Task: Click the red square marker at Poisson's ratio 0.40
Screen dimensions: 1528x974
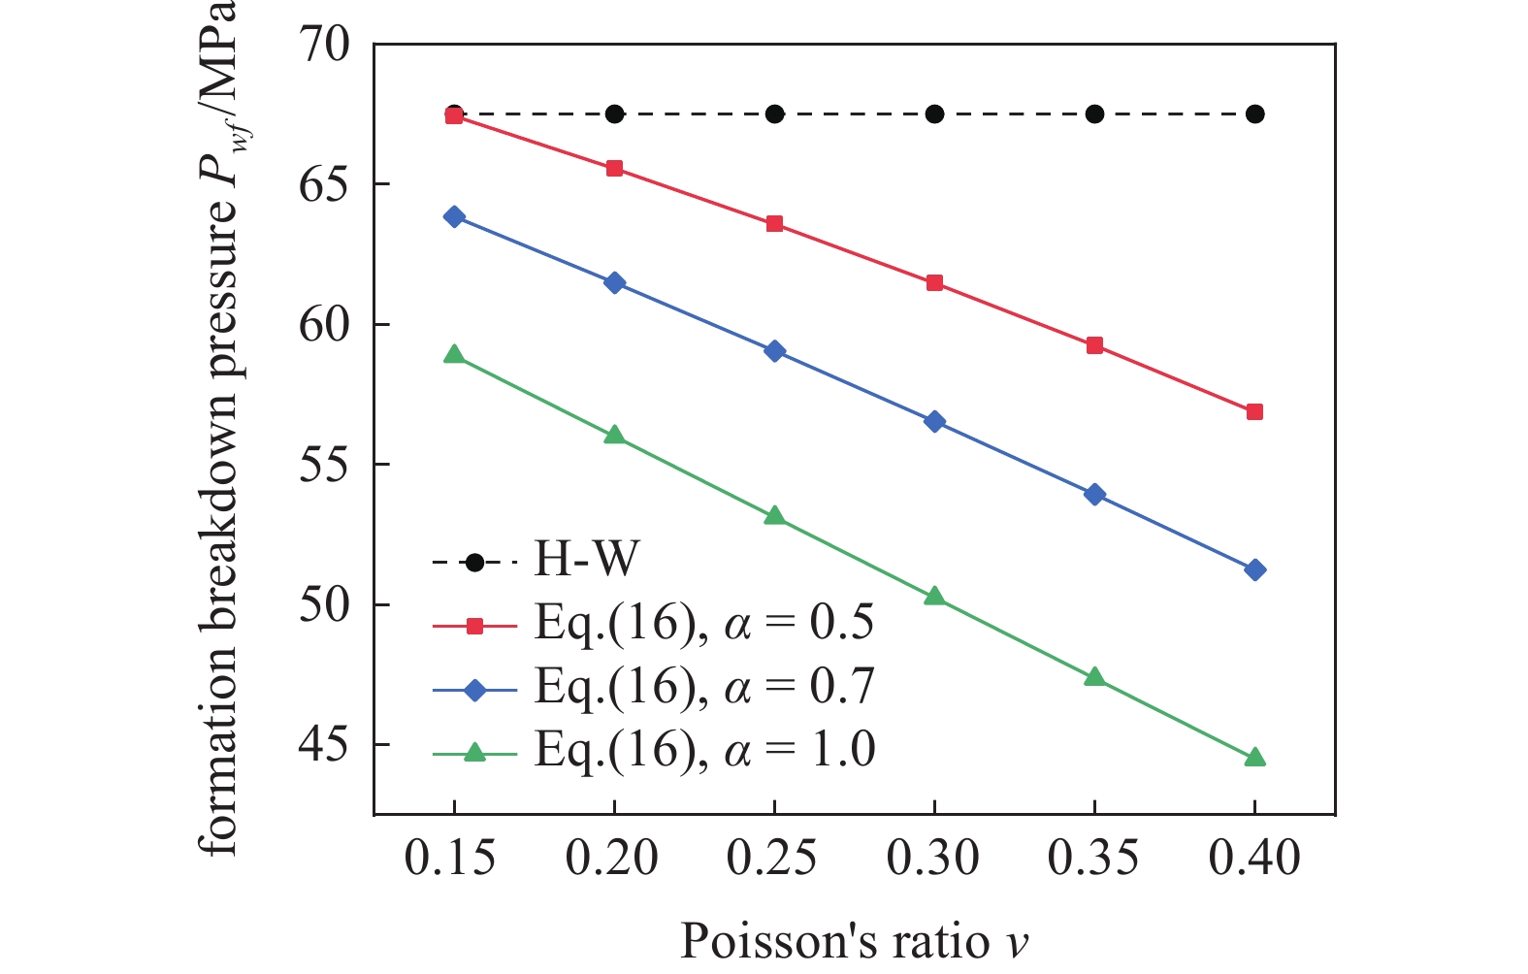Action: [1254, 412]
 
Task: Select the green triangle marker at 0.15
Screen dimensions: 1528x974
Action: [454, 355]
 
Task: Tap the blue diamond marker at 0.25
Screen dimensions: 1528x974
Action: [775, 351]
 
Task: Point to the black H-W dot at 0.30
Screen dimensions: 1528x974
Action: [934, 114]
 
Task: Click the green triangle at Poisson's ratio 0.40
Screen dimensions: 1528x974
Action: [1254, 757]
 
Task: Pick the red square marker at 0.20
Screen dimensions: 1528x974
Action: [615, 168]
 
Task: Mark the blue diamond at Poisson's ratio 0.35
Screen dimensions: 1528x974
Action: [1095, 494]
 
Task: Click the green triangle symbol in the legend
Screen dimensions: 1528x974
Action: [474, 752]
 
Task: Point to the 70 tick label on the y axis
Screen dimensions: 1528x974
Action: [324, 45]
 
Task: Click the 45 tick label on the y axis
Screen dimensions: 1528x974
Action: [324, 744]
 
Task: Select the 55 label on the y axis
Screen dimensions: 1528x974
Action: [324, 465]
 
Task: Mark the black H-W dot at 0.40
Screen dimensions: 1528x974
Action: [1254, 114]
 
